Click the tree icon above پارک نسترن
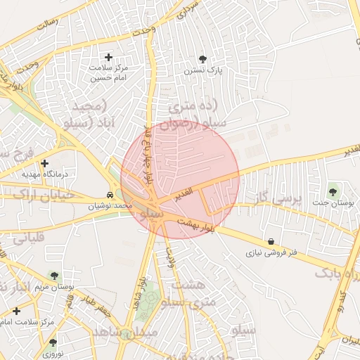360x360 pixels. [x=203, y=59]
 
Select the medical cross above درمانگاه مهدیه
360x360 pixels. [x=44, y=163]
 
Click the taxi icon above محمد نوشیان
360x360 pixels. [x=110, y=195]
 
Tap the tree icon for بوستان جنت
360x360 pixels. [x=333, y=191]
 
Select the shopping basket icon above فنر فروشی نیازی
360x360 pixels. [x=272, y=241]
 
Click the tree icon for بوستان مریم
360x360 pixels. [x=54, y=276]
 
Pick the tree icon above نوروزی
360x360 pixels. [x=53, y=342]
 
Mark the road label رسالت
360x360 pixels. [x=46, y=25]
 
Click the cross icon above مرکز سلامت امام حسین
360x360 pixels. [x=108, y=57]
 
